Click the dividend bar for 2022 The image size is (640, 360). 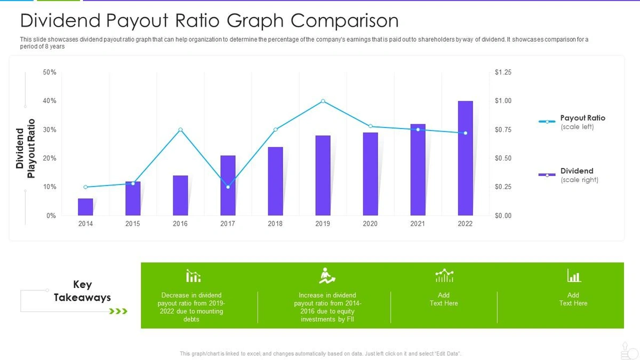pos(465,158)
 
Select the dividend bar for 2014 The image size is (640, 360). pos(85,207)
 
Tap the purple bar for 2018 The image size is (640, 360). pos(275,181)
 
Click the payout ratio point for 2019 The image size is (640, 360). pos(323,101)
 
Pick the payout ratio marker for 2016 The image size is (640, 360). pos(180,130)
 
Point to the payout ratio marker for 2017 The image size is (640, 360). pos(228,187)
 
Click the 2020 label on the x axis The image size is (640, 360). pos(370,224)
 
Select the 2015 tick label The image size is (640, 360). pos(133,224)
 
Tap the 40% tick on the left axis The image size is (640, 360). pos(50,101)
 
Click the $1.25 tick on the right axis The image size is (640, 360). pos(503,72)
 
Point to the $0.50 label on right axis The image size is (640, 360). pos(503,158)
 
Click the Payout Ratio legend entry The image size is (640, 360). pos(582,118)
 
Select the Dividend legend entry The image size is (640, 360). pos(577,171)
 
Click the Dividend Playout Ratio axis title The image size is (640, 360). pos(26,149)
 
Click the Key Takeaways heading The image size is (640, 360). pos(82,291)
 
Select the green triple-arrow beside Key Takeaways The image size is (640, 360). pos(118,311)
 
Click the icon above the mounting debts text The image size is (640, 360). pos(193,276)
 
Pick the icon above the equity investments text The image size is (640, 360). pos(326,276)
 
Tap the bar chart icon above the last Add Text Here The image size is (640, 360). pos(573,276)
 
